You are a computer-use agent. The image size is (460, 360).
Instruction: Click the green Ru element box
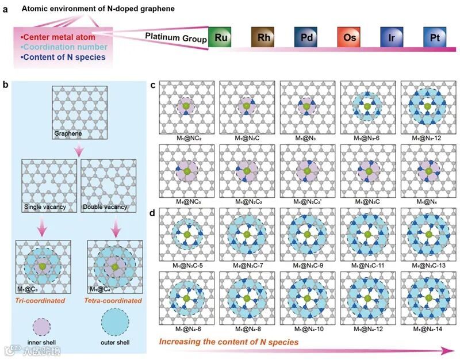coord(219,37)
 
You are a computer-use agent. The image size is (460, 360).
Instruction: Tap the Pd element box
coord(305,37)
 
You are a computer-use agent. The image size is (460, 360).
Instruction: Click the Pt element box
coord(434,37)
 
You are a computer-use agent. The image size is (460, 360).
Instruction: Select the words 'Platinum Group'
coord(172,36)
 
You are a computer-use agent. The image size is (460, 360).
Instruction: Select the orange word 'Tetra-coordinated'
coord(114,300)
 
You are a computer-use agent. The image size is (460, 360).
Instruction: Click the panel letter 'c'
coord(154,85)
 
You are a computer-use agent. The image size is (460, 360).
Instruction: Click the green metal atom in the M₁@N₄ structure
coord(427,170)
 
